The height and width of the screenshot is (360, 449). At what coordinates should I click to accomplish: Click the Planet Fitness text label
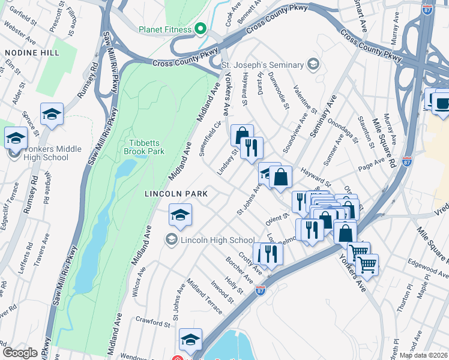pos(164,29)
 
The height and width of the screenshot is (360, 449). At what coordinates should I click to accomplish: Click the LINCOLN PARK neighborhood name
pos(176,194)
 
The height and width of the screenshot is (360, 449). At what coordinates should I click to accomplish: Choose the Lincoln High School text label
pos(214,240)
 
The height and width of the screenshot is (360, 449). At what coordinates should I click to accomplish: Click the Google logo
pos(20,352)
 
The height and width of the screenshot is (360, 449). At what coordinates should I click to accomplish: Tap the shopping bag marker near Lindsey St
pos(242,136)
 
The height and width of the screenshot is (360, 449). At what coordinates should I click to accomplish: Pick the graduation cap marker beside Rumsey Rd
pos(52,115)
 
